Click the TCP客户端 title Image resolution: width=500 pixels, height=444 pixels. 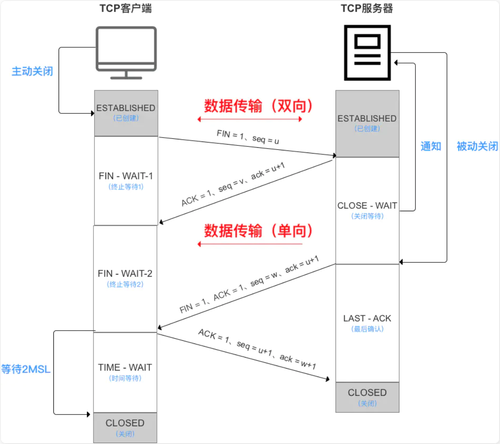pos(126,8)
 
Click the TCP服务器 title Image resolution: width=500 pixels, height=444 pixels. pos(367,8)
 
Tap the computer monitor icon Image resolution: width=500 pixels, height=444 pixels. pos(126,52)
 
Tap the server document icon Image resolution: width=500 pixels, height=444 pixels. pos(367,52)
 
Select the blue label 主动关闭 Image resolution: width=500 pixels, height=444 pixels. pos(32,71)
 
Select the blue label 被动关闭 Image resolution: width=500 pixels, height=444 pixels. pos(477,146)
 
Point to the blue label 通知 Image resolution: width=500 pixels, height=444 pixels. pos(431,146)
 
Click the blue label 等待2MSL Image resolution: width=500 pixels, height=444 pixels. pos(26,369)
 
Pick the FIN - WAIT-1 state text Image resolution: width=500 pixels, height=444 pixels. pos(126,176)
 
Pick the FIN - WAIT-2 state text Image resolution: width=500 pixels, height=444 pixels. pos(125,274)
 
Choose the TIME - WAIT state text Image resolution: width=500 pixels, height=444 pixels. pos(125,367)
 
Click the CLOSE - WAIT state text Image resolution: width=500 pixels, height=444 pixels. pos(367,206)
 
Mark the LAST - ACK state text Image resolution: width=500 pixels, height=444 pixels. pos(367,318)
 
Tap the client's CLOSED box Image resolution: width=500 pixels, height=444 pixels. pos(125,427)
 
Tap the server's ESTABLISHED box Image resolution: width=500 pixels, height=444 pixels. pos(367,123)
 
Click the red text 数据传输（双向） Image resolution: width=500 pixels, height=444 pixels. pos(258,106)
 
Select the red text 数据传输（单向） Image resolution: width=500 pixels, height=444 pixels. pos(258,231)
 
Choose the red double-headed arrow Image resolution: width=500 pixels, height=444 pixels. pos(250,119)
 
